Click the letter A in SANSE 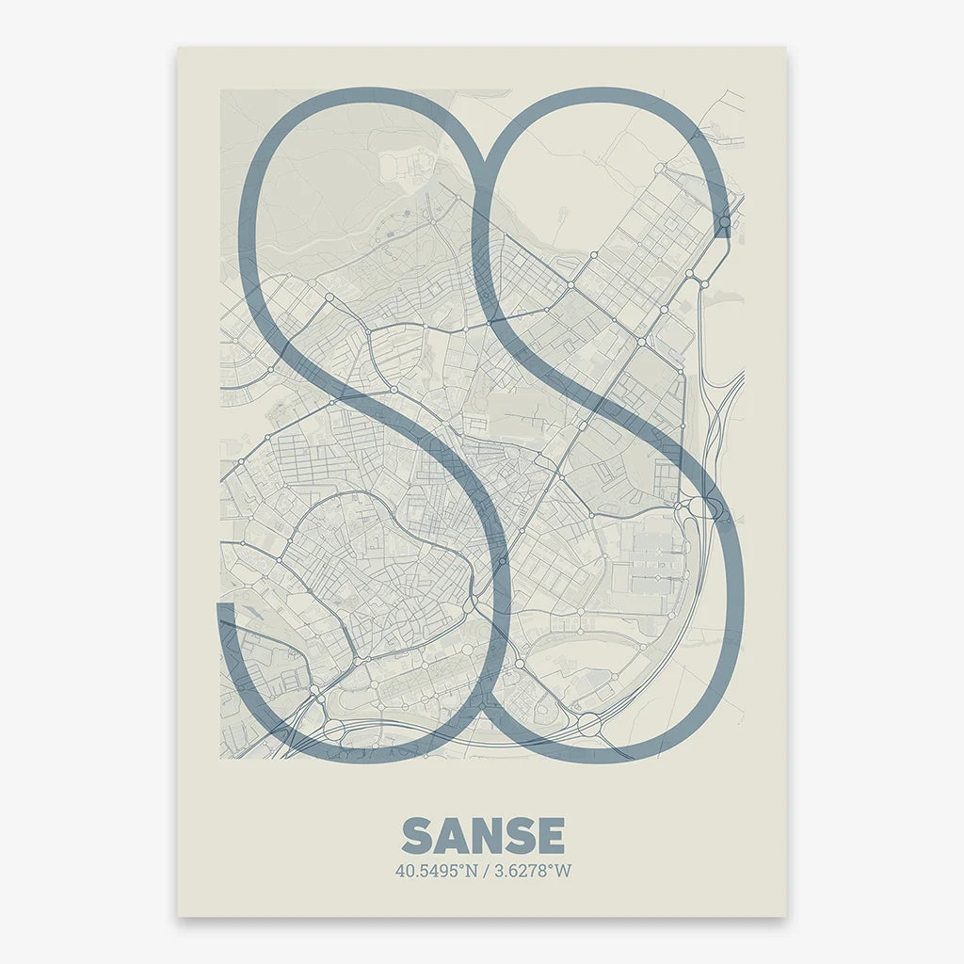pyautogui.click(x=450, y=836)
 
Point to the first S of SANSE pyautogui.click(x=417, y=836)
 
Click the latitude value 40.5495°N pyautogui.click(x=436, y=871)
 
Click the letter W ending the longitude pyautogui.click(x=563, y=871)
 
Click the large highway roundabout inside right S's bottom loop pyautogui.click(x=589, y=724)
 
